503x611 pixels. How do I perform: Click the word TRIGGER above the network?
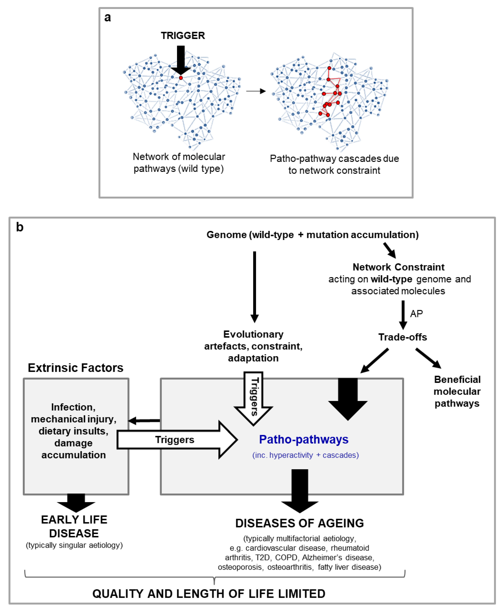click(183, 36)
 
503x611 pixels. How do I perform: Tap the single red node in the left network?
click(181, 78)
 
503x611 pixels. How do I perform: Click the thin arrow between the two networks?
click(256, 91)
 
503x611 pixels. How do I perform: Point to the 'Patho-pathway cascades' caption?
click(334, 164)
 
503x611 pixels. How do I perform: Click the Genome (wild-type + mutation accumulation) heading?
click(312, 235)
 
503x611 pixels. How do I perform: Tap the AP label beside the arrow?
click(416, 313)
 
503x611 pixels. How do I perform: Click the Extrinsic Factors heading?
click(76, 368)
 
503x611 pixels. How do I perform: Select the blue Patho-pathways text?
click(304, 439)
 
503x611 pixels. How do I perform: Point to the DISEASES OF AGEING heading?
click(300, 523)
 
